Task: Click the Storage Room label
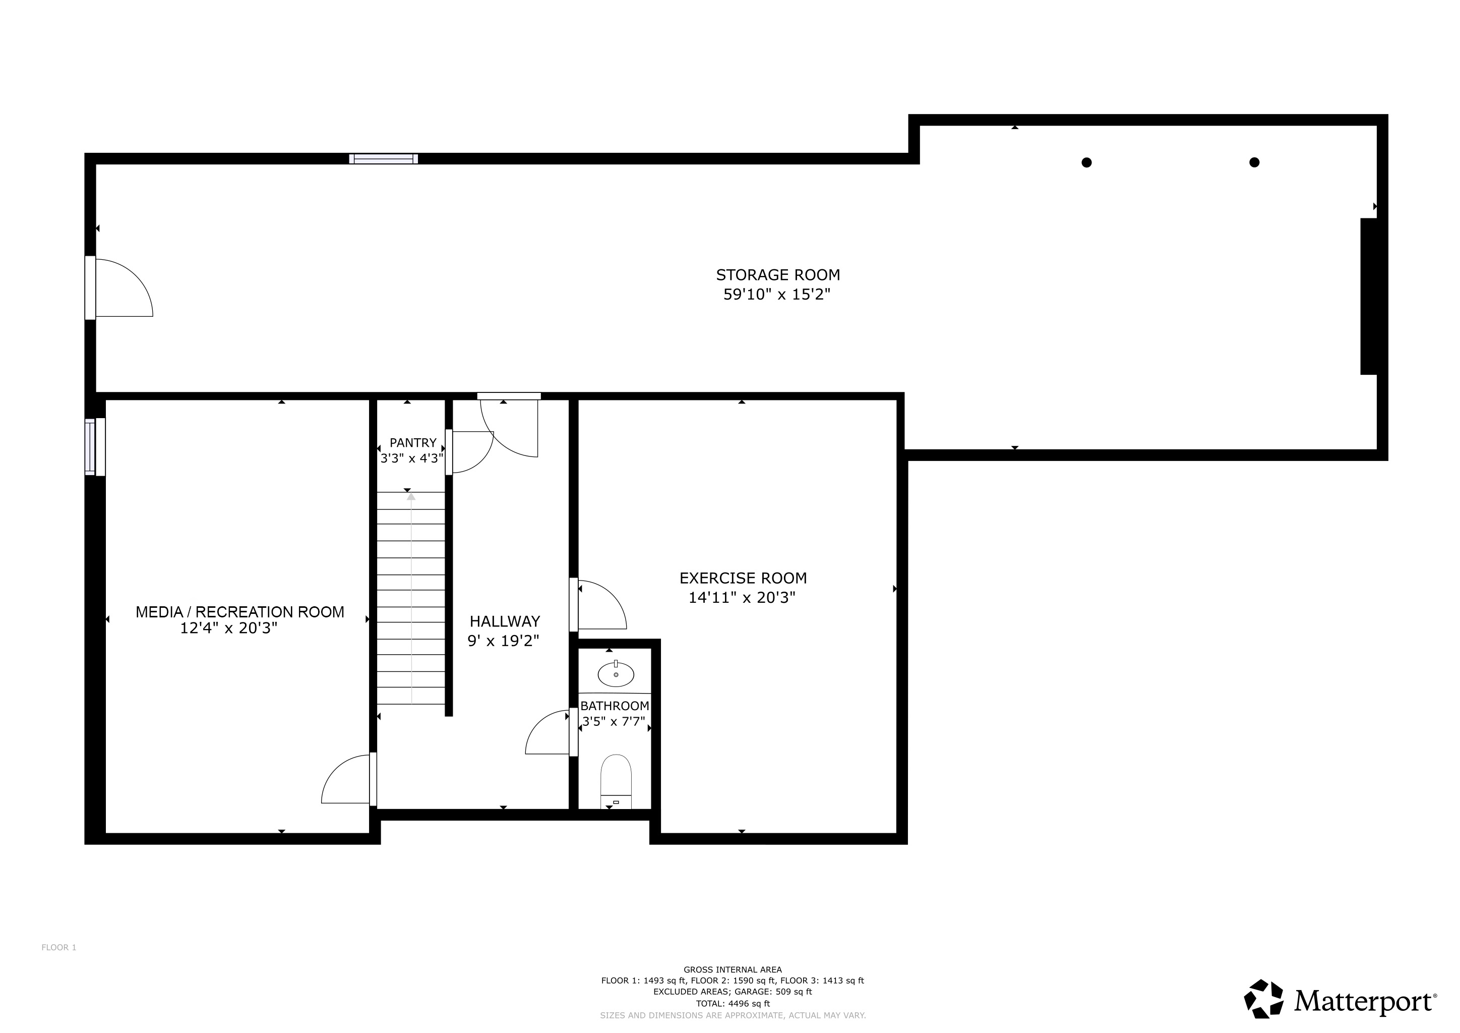pos(778,275)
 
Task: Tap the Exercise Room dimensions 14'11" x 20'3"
pos(742,597)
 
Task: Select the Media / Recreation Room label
pos(240,612)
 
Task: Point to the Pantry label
pos(413,443)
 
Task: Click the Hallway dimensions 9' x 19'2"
pos(503,641)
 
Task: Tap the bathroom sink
pos(616,674)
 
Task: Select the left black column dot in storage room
pos(1087,162)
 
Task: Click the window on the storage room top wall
pos(384,158)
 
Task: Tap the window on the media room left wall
pos(91,446)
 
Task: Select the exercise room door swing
pos(601,605)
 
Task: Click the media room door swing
pos(346,780)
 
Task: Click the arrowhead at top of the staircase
pos(411,496)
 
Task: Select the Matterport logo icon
pos(1263,999)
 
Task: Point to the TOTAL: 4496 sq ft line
pos(733,1004)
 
